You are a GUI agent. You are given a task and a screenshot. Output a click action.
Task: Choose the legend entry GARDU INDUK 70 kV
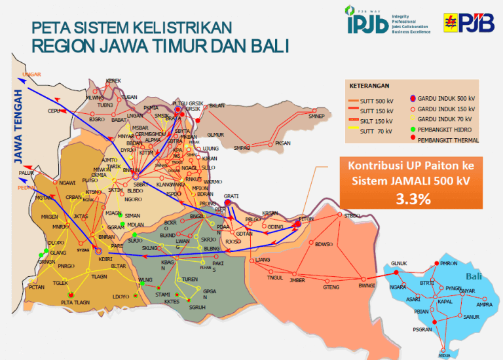(445, 119)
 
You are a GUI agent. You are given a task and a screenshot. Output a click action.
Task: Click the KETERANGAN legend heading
(369, 86)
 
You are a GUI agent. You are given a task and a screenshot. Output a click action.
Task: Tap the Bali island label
(473, 276)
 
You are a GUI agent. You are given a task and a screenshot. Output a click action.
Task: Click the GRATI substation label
(231, 196)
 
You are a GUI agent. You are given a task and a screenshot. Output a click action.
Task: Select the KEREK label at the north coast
(113, 81)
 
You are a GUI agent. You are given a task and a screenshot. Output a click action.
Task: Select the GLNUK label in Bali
(398, 263)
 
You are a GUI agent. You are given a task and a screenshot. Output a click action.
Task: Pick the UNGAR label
(31, 75)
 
